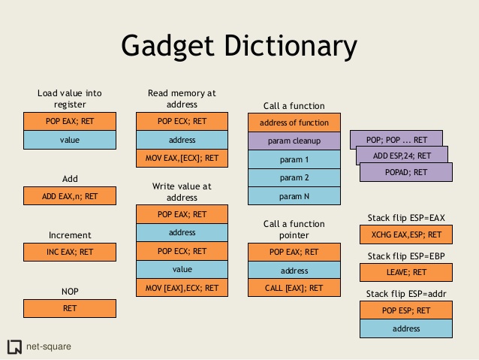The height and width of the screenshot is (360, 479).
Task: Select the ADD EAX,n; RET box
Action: [70, 196]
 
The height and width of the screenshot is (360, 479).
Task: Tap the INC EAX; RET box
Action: [70, 252]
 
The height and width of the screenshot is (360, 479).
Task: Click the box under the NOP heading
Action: [70, 307]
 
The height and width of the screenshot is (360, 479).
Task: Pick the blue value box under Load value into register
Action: [70, 140]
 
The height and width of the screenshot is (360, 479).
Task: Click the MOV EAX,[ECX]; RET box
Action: [182, 158]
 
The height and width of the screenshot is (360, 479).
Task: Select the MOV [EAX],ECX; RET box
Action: [182, 287]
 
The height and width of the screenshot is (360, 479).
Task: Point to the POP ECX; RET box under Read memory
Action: [182, 122]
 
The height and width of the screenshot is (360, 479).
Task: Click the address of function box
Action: [294, 123]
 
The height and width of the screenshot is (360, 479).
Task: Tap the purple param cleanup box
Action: [294, 141]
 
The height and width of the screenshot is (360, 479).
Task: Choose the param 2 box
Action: [294, 177]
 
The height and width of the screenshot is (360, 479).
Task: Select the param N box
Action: [294, 196]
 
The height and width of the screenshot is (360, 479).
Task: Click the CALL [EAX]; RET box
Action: [294, 287]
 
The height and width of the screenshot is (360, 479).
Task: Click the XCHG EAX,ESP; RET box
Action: [406, 234]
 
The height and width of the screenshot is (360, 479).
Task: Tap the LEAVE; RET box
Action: [406, 272]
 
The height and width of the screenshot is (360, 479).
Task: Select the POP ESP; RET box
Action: [406, 310]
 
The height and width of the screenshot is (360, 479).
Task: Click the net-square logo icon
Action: [14, 346]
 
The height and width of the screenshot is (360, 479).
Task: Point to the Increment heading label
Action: [70, 235]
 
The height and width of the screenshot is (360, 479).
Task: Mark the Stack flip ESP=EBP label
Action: [406, 256]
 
